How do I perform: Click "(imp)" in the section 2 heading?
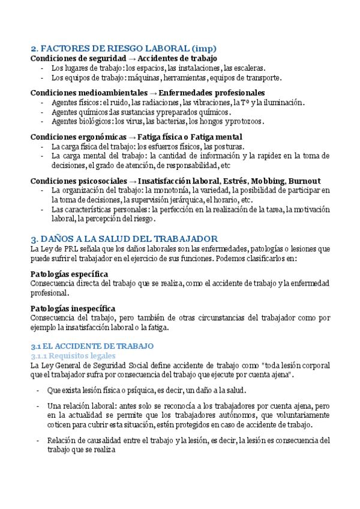click(x=204, y=49)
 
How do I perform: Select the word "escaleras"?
click(x=245, y=68)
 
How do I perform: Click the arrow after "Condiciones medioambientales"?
click(x=153, y=93)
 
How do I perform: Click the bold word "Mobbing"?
click(x=266, y=181)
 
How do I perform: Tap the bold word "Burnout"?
click(x=304, y=181)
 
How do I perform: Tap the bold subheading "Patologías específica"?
click(x=69, y=274)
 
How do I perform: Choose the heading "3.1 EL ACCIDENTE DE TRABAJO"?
click(x=92, y=346)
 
